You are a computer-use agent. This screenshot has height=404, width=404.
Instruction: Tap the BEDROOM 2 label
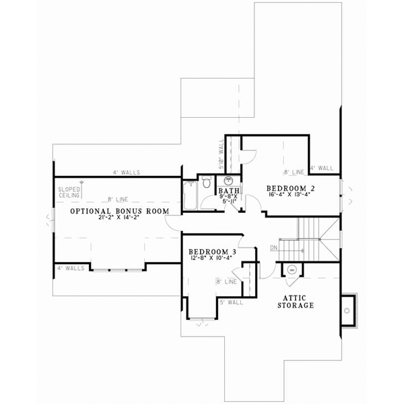point(290,188)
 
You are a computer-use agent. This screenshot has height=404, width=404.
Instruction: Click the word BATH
point(224,191)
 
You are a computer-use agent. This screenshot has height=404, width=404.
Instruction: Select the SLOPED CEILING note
point(69,193)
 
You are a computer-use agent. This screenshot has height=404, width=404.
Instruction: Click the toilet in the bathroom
point(207,182)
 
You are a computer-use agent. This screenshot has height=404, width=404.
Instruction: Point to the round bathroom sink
point(228,180)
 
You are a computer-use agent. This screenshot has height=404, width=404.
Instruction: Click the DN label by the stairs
point(273,248)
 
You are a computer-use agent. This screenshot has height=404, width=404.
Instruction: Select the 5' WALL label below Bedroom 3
point(231,302)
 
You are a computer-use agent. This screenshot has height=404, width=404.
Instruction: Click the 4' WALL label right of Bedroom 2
point(321,168)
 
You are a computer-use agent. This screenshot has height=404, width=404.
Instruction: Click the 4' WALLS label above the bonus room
point(126,172)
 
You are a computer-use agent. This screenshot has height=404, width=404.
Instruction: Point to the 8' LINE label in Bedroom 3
point(225,281)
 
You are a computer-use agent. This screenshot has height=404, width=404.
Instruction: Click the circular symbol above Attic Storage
point(292,271)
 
